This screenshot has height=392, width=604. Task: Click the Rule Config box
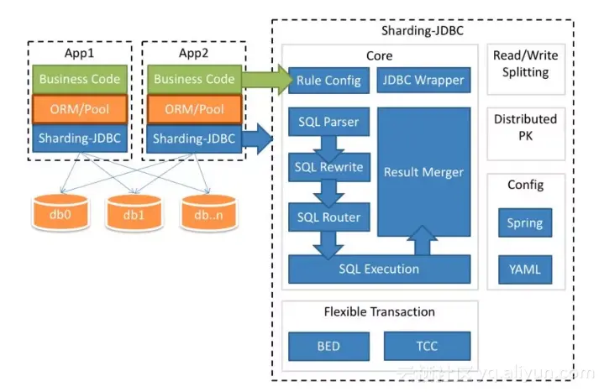point(328,81)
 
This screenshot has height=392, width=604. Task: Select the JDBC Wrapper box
point(422,81)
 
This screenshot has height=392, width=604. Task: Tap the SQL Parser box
point(328,122)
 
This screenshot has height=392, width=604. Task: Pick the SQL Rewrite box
point(328,166)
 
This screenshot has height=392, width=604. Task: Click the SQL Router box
point(328,217)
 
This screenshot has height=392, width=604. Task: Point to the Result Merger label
point(423,172)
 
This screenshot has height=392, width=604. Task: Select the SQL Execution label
point(379,269)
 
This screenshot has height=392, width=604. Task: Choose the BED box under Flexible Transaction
point(328,346)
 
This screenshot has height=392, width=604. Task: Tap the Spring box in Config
point(525,223)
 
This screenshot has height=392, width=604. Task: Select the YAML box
point(525,270)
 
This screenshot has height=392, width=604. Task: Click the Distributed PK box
point(525,128)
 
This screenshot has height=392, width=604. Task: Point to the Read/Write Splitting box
point(525,64)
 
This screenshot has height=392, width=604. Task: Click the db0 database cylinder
point(60,214)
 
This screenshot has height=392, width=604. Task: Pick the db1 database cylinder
point(133,214)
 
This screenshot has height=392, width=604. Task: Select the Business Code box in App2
point(195,80)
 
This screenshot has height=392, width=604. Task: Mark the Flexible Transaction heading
point(379,312)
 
